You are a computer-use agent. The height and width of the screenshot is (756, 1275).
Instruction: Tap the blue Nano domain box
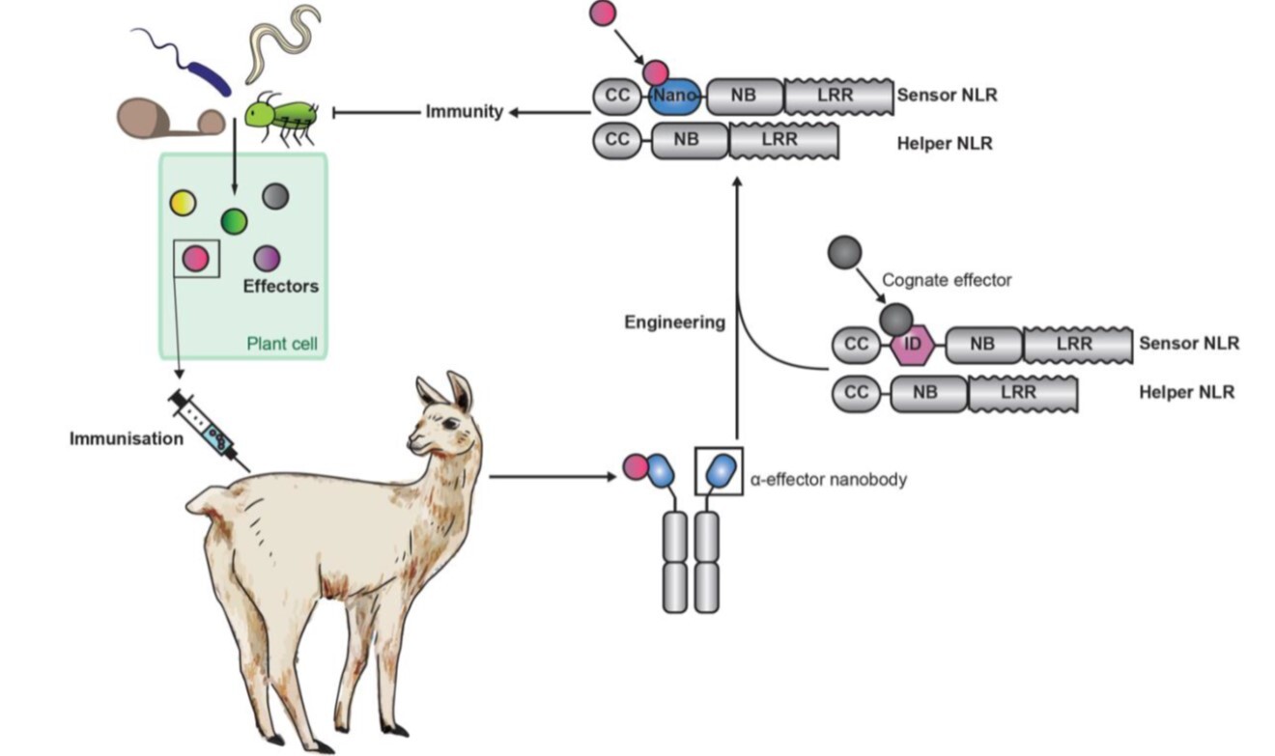tap(672, 97)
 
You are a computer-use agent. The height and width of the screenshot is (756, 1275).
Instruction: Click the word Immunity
tap(465, 112)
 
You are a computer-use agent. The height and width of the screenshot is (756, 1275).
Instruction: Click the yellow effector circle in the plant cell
tap(183, 202)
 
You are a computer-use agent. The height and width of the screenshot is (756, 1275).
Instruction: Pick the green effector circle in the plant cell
tap(234, 221)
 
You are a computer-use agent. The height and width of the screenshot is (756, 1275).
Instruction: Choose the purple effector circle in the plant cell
tap(268, 258)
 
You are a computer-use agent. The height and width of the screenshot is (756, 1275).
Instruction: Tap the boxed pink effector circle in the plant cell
tap(196, 258)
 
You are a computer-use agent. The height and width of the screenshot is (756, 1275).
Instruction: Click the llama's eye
tap(450, 424)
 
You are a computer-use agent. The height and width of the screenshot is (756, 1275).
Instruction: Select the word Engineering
tap(674, 322)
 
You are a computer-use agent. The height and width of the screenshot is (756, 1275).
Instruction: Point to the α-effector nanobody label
tap(829, 478)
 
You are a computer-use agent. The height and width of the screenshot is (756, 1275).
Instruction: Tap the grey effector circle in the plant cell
tap(276, 197)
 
